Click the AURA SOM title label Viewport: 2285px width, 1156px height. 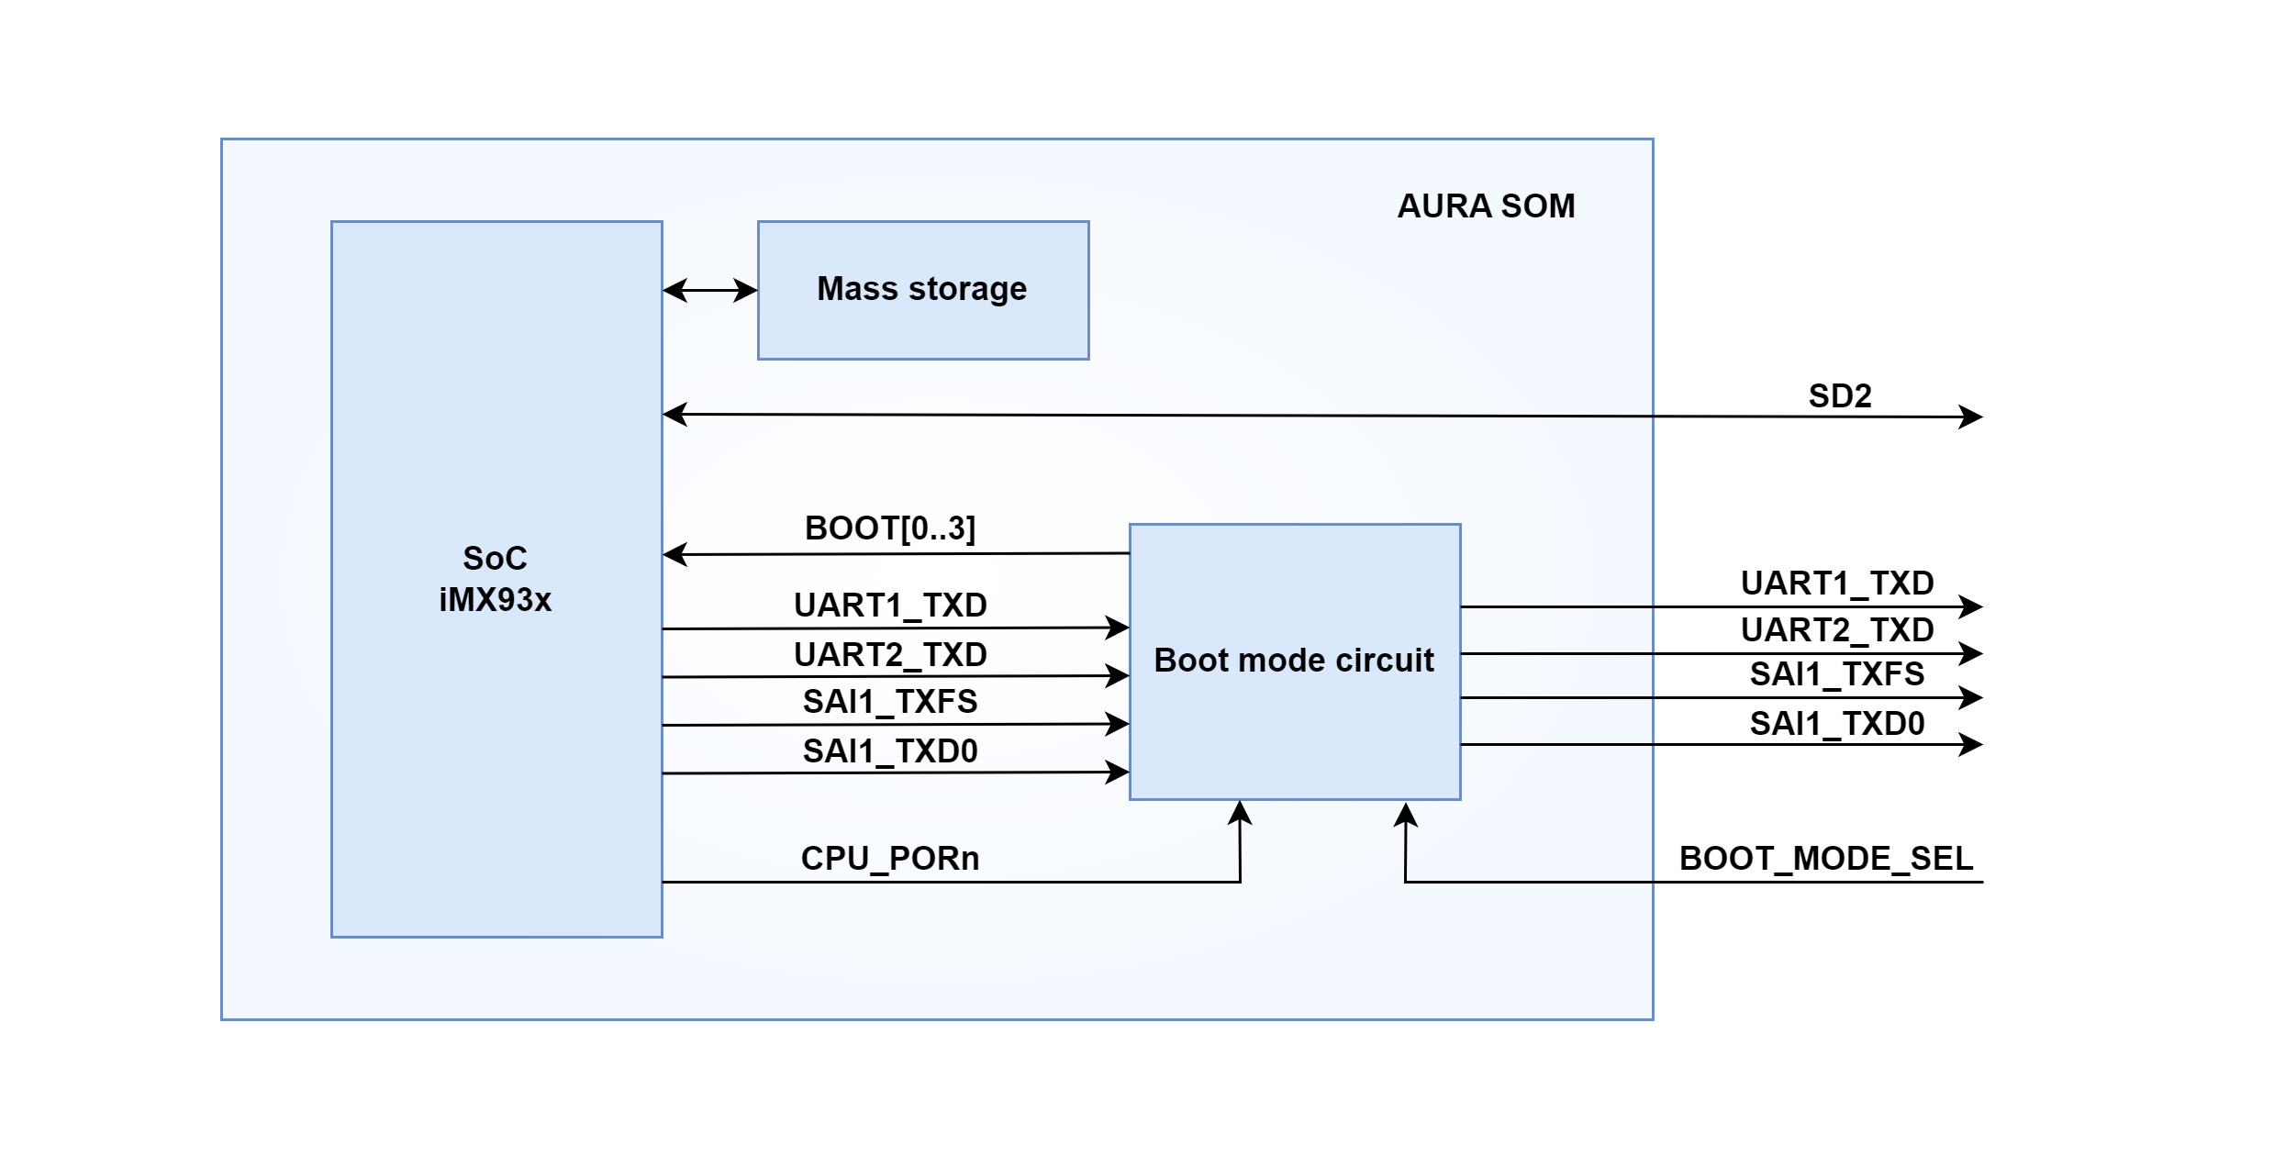click(1486, 206)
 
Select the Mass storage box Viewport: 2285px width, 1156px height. click(922, 290)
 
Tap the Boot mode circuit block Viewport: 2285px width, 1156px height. click(1294, 661)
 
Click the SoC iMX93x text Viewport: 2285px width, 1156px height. click(496, 579)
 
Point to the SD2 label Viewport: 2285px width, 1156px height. click(1839, 396)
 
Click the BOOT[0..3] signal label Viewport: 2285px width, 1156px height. click(889, 528)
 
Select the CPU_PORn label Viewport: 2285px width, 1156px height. click(889, 859)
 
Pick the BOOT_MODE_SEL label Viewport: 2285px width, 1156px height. click(1825, 859)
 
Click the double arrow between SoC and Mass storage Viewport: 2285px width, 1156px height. click(709, 291)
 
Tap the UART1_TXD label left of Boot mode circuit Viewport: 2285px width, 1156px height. click(889, 606)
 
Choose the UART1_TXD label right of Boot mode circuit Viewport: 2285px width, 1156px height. click(1836, 584)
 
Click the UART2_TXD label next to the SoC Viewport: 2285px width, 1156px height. click(889, 655)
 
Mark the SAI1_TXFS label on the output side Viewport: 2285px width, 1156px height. click(1836, 674)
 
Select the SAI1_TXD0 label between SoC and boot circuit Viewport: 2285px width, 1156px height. click(889, 751)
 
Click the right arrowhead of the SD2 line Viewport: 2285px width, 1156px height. click(1970, 417)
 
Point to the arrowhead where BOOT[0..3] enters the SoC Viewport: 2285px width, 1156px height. click(674, 554)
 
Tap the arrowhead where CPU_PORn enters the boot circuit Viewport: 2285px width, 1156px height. click(1240, 813)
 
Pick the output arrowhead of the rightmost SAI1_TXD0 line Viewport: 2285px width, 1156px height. click(1970, 744)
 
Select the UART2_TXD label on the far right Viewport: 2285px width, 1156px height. click(1836, 630)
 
